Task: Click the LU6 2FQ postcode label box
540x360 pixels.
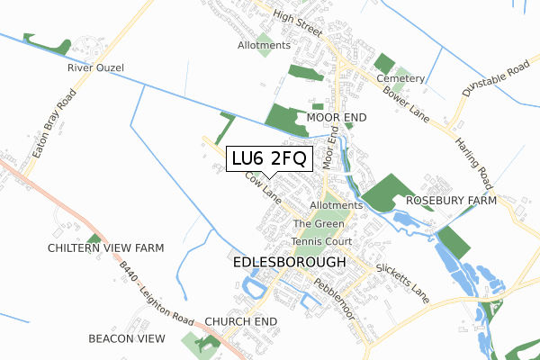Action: pyautogui.click(x=268, y=158)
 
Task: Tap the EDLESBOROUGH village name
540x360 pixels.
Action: pyautogui.click(x=289, y=262)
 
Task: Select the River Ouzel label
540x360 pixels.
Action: pyautogui.click(x=94, y=67)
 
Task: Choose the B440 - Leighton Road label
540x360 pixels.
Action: pyautogui.click(x=157, y=291)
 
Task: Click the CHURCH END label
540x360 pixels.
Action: pyautogui.click(x=240, y=320)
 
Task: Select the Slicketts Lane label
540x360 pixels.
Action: pyautogui.click(x=403, y=283)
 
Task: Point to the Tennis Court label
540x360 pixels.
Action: pyautogui.click(x=320, y=242)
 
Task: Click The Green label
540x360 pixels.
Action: pyautogui.click(x=319, y=224)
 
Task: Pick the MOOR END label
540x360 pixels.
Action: pyautogui.click(x=337, y=118)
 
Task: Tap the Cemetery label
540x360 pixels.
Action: pyautogui.click(x=406, y=79)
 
